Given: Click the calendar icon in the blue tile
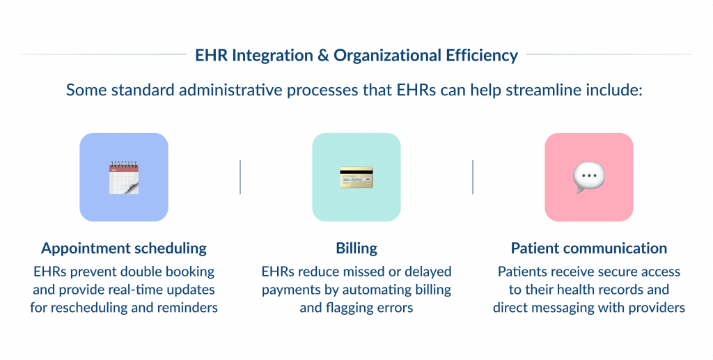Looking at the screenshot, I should [124, 177].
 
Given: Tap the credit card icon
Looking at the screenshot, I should [356, 177].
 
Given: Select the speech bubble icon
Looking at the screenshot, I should [588, 178].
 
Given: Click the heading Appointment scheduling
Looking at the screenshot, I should [124, 249].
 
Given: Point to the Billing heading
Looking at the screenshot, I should [356, 249].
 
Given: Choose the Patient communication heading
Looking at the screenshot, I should [589, 249].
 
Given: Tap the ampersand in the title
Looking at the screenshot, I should [323, 55].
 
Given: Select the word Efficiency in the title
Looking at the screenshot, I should [483, 55].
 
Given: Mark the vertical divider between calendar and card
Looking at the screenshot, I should [240, 177].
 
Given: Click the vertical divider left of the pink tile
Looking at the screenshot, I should [473, 177].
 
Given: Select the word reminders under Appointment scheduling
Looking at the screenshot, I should [189, 308].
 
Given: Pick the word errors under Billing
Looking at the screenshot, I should [395, 308].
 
